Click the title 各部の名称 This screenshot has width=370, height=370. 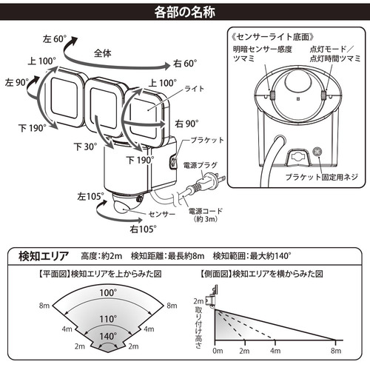click(185, 12)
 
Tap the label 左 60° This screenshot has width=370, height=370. click(55, 38)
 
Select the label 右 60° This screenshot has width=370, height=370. click(185, 64)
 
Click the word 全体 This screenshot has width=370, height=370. click(103, 53)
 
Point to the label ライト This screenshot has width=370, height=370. click(195, 89)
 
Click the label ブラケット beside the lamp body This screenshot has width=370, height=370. click(207, 141)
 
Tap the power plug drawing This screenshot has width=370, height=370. click(209, 182)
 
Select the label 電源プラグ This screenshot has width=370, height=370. click(201, 165)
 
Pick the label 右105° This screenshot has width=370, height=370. click(143, 229)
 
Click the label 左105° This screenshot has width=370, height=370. click(90, 197)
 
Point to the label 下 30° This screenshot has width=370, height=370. click(86, 147)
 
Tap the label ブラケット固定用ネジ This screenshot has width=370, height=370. click(322, 177)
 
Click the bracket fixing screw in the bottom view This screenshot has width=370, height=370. click(317, 151)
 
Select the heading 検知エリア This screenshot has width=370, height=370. click(44, 256)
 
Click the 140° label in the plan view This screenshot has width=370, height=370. click(108, 336)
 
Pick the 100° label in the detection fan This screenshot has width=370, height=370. click(108, 293)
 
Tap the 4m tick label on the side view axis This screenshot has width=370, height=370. click(275, 351)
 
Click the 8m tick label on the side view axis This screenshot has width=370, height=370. click(336, 351)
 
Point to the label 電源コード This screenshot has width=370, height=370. click(206, 211)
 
